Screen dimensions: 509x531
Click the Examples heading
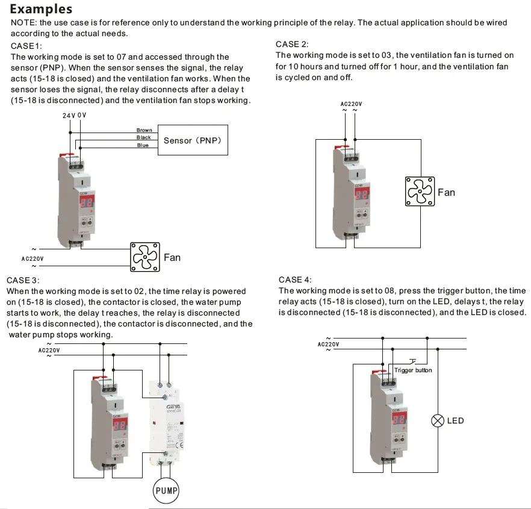(x=42, y=9)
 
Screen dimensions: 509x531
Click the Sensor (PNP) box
(x=193, y=140)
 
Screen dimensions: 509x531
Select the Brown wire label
(x=144, y=130)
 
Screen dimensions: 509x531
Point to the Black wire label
(x=144, y=138)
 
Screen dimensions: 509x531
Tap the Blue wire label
(x=143, y=145)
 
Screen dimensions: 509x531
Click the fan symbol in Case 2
(x=420, y=192)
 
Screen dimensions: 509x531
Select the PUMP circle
(x=166, y=490)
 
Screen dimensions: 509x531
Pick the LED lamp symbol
(x=438, y=420)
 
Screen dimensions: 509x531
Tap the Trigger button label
(x=413, y=370)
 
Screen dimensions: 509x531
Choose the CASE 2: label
(x=292, y=44)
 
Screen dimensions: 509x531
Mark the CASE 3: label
(x=23, y=280)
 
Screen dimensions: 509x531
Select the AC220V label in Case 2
(x=351, y=104)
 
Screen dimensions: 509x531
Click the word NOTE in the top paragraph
(x=23, y=22)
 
